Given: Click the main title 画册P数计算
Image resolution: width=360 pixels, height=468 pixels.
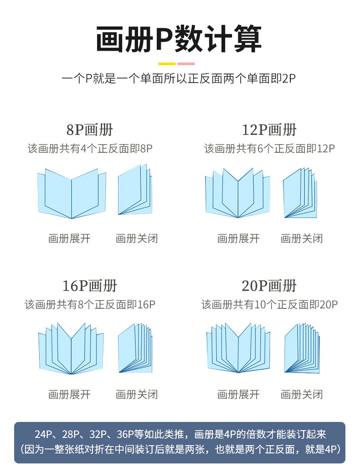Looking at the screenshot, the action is click(x=179, y=40).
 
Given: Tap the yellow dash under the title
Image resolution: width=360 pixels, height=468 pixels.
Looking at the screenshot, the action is click(x=167, y=64).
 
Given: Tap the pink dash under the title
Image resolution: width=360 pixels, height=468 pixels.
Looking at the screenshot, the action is click(x=186, y=64).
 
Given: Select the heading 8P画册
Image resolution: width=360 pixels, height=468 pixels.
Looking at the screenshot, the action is click(x=89, y=130).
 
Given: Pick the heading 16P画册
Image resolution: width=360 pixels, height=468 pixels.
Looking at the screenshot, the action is click(x=89, y=286).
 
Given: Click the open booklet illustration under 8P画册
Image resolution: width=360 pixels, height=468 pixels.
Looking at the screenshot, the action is click(x=72, y=193).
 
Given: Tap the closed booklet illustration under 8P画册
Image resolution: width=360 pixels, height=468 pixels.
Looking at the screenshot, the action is click(x=135, y=190).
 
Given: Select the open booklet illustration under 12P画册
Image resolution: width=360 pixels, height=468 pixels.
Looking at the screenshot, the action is click(x=237, y=193).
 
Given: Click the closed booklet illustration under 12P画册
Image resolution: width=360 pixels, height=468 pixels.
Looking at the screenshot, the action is click(x=300, y=193).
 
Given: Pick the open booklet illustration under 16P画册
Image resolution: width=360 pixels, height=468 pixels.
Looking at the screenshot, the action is click(x=71, y=349).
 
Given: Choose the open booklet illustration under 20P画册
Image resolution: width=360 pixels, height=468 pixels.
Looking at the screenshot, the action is click(x=238, y=348).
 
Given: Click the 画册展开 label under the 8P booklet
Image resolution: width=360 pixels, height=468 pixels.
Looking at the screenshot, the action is click(x=69, y=238).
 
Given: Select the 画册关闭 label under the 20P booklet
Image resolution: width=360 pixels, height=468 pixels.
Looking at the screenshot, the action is click(x=302, y=394).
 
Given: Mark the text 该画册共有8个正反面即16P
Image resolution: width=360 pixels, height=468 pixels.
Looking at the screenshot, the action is click(x=90, y=304).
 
